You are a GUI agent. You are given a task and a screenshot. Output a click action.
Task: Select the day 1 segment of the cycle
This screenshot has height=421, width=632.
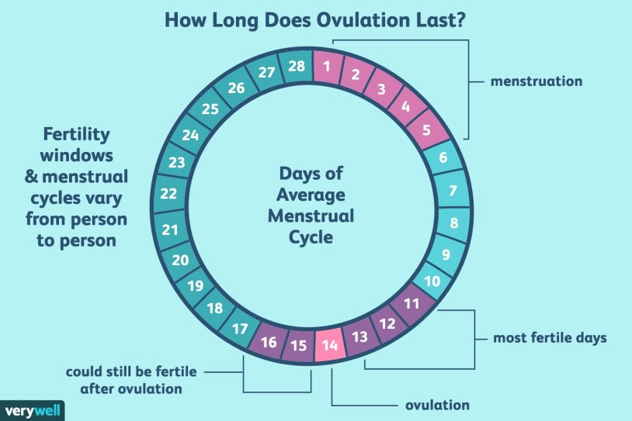tap(327, 66)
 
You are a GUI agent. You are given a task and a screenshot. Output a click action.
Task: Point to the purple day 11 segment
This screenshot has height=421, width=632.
tap(412, 303)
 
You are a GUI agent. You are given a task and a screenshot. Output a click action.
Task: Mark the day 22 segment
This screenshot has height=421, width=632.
tap(169, 193)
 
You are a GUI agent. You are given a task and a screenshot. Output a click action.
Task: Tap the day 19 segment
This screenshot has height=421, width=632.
tap(196, 285)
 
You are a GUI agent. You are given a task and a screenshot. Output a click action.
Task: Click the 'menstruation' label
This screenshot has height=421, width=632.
tap(536, 81)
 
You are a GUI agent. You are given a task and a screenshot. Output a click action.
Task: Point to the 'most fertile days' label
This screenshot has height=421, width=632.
tap(549, 339)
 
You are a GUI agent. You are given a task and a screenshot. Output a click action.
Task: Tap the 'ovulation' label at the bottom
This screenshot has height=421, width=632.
tap(438, 405)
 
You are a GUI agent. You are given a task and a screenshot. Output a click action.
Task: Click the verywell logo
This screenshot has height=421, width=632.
tap(31, 409)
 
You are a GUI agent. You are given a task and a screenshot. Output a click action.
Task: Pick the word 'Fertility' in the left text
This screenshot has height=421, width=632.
tap(75, 133)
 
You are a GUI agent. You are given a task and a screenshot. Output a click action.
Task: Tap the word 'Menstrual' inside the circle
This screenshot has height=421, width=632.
tap(311, 216)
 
